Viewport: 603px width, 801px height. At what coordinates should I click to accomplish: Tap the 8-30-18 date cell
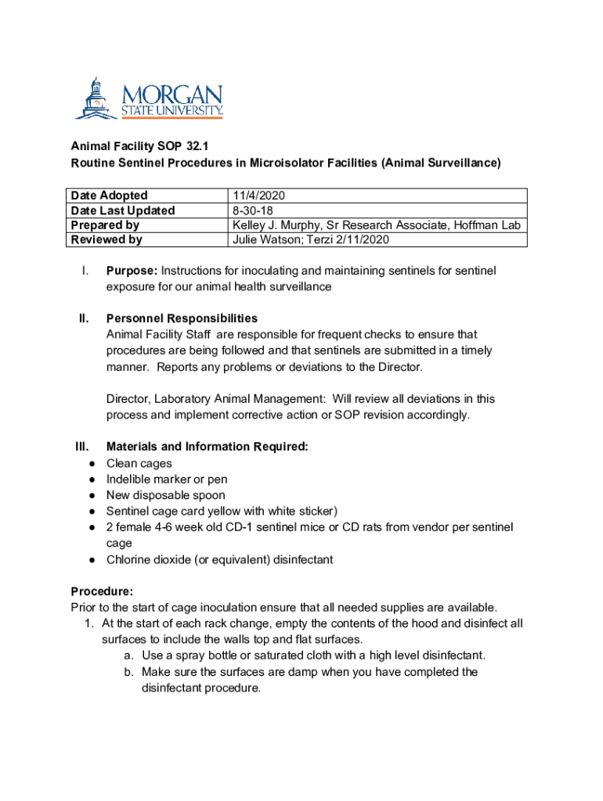(x=252, y=210)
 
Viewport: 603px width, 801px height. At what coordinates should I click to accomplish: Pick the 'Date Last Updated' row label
(x=123, y=210)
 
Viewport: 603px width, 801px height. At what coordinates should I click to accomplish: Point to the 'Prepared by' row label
(x=105, y=225)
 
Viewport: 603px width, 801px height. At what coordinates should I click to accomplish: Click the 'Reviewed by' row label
(x=107, y=240)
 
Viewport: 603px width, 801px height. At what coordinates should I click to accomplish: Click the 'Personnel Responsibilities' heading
(x=182, y=318)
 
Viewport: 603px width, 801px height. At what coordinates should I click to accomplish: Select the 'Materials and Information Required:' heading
(x=207, y=447)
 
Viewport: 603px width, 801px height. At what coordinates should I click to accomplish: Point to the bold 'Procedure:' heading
(x=102, y=591)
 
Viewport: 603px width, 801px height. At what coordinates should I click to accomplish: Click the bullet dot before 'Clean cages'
(x=92, y=463)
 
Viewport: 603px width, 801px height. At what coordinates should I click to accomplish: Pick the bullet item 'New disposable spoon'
(x=165, y=495)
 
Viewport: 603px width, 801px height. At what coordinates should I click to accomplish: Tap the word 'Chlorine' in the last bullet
(x=129, y=559)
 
